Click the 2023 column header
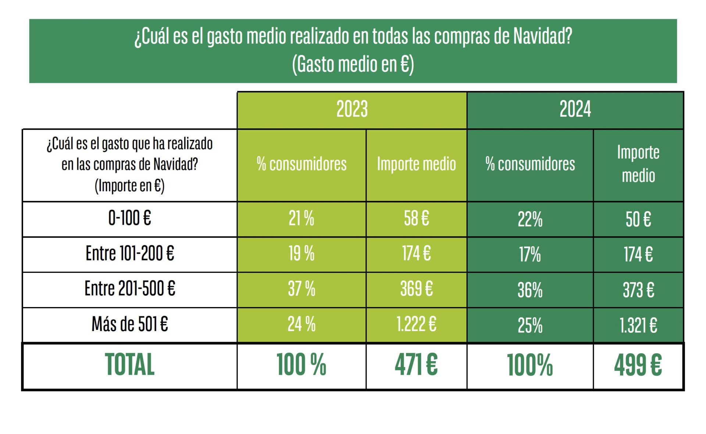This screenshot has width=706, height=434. (352, 109)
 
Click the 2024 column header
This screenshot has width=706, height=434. (575, 109)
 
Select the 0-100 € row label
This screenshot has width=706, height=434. (129, 218)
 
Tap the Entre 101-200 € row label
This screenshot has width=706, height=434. (129, 253)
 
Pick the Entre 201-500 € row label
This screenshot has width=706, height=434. (129, 289)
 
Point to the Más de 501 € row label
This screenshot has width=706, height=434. (129, 324)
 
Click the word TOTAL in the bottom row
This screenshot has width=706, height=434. (129, 365)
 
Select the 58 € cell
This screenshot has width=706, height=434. (416, 218)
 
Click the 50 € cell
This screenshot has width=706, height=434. (638, 220)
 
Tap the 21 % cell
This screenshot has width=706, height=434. (301, 218)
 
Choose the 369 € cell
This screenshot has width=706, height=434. (416, 289)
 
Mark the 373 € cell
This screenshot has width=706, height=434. (638, 290)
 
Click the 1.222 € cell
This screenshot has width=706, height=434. (416, 324)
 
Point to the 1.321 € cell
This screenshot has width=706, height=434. (638, 325)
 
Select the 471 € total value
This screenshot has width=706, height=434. (416, 365)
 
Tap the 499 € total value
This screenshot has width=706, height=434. (638, 365)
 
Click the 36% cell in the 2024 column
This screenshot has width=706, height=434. (530, 290)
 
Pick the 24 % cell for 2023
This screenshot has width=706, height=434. (301, 324)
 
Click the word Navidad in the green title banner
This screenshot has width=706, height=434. (542, 36)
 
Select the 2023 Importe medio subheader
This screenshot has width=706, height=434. (416, 164)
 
